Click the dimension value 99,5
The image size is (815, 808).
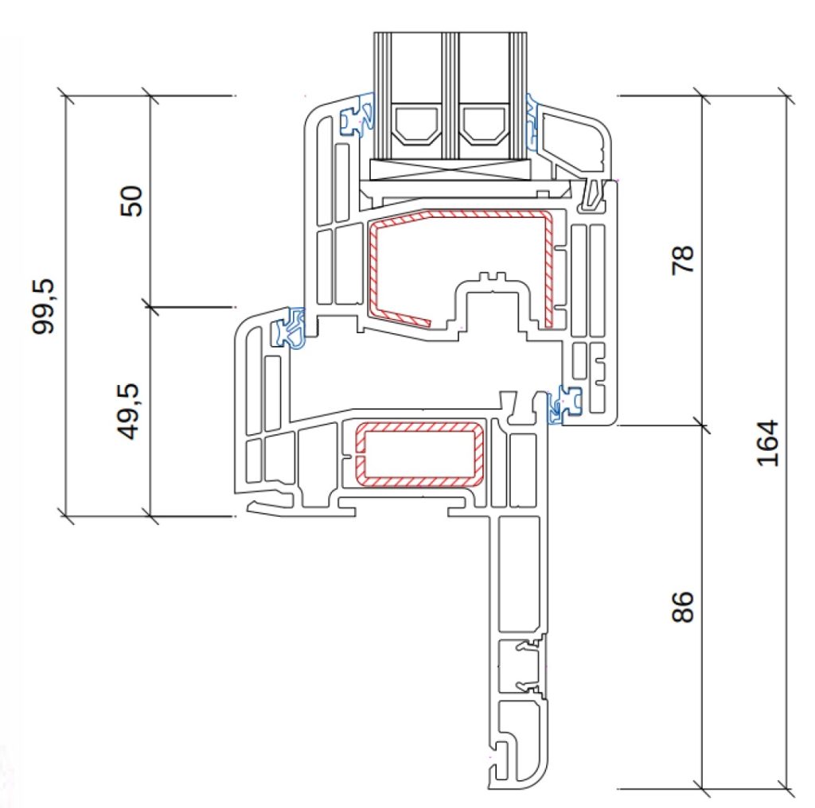pos(43,306)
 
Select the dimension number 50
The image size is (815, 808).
pos(131,201)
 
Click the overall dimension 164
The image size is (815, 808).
pos(768,443)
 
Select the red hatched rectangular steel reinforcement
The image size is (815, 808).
pos(419,454)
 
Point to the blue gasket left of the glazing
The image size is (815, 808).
pos(357,115)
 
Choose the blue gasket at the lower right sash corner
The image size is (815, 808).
pos(563,405)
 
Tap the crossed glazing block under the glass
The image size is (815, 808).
pos(450,169)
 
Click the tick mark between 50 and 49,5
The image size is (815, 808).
pos(150,308)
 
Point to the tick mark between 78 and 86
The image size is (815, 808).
pos(702,425)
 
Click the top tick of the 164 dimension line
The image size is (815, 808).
pos(786,95)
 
